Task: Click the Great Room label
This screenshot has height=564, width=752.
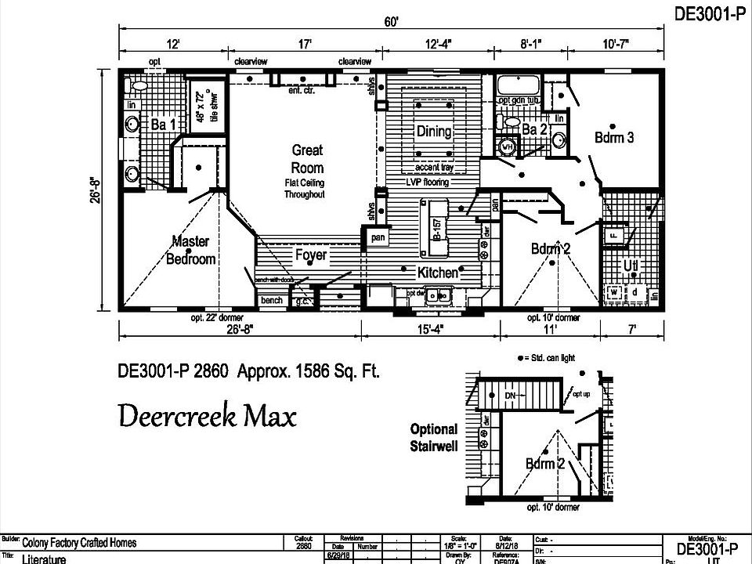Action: tap(307, 158)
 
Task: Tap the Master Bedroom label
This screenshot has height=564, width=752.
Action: tap(190, 250)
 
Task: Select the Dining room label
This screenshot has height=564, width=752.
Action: tap(433, 131)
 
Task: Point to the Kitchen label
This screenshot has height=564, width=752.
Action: tap(437, 273)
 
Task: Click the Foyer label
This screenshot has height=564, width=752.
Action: tap(311, 255)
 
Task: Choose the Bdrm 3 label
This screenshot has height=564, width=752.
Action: tap(613, 137)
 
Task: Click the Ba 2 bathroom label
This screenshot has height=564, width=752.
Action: tap(534, 129)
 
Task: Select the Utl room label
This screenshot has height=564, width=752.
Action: tap(631, 266)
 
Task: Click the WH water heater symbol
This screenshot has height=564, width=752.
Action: tap(507, 146)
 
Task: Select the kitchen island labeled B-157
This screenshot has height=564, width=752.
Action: tap(436, 228)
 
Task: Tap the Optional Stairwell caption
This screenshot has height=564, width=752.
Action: tap(433, 437)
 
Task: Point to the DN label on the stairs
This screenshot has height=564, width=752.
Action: tap(510, 396)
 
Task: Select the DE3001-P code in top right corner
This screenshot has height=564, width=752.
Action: tap(707, 13)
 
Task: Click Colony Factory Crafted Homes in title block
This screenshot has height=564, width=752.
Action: tap(78, 542)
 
